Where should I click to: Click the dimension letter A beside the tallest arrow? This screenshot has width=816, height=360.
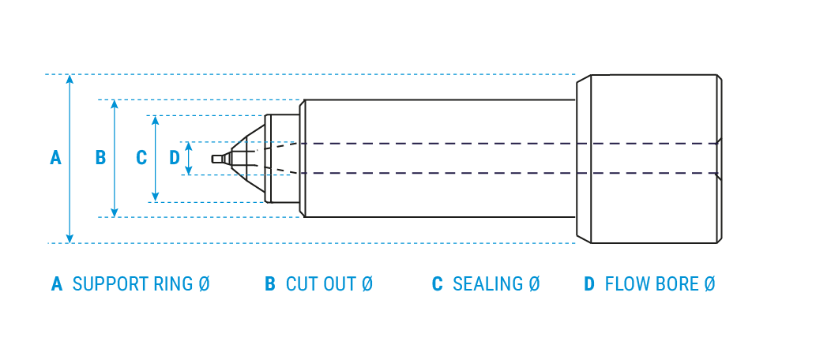[x=55, y=158]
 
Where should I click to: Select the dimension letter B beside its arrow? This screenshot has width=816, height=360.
[x=100, y=158]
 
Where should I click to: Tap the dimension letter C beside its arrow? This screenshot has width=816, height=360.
[x=141, y=158]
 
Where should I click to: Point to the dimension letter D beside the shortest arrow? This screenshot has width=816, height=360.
[x=175, y=158]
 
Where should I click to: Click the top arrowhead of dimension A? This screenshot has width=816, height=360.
[x=70, y=79]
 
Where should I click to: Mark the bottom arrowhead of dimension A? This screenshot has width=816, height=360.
[x=70, y=238]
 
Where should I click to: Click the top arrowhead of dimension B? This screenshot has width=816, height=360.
[x=115, y=104]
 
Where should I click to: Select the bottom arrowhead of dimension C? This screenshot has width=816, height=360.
[x=155, y=197]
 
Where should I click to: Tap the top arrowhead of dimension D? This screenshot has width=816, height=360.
[x=188, y=146]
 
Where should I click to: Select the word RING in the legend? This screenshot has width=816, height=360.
[x=170, y=284]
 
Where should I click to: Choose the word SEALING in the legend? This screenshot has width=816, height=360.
[x=487, y=284]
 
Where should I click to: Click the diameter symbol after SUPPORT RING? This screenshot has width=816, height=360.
[x=204, y=284]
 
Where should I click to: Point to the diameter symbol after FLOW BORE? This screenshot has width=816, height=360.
[x=709, y=284]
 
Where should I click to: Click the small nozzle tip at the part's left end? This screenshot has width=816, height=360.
[x=218, y=159]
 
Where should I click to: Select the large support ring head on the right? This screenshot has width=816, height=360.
[x=654, y=159]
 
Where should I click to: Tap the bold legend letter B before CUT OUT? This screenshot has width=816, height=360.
[x=270, y=284]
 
